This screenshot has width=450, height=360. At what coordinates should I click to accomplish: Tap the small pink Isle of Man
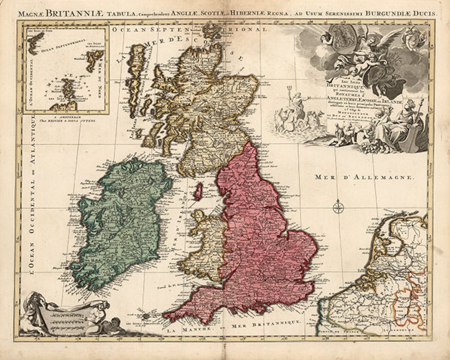click(x=198, y=191)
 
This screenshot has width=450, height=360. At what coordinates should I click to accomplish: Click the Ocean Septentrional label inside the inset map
click(x=63, y=50)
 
